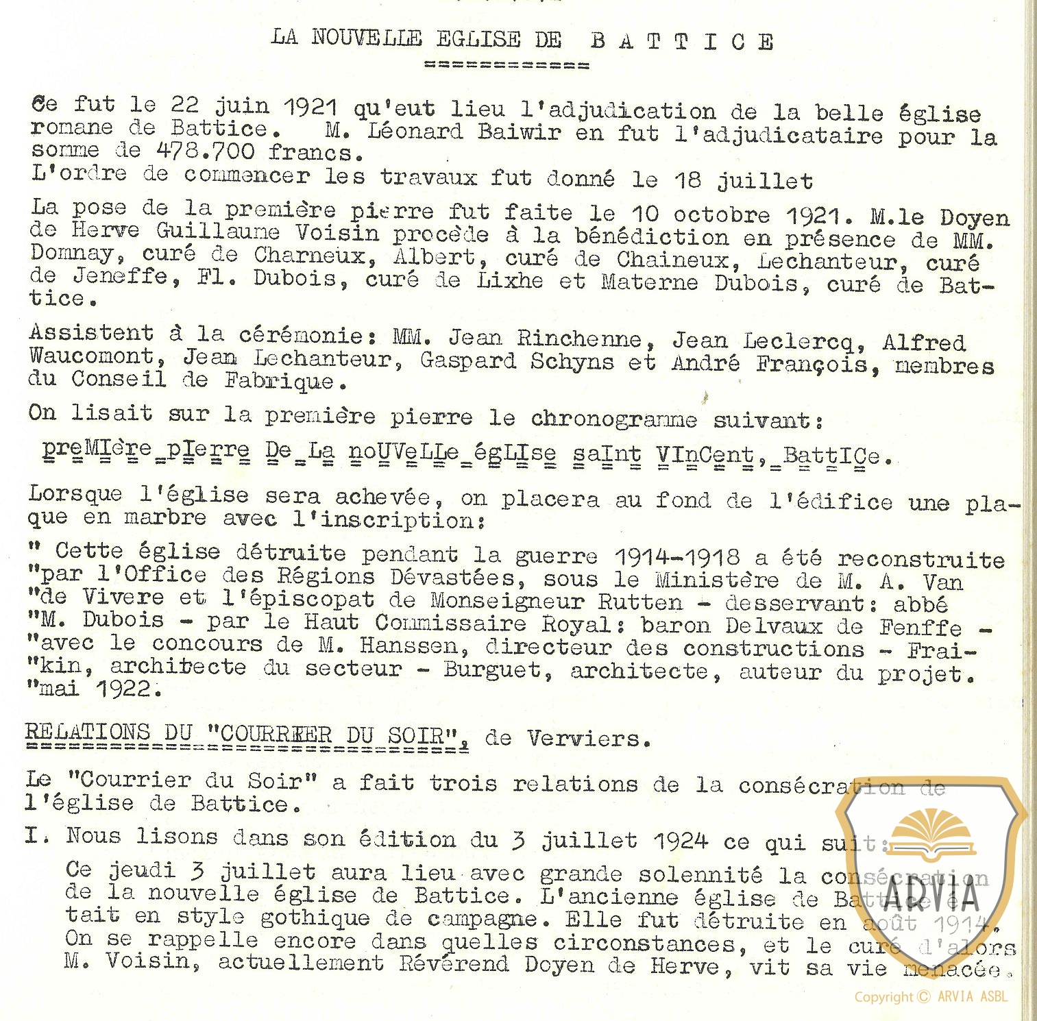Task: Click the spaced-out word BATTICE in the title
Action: [682, 42]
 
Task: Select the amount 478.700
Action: [205, 151]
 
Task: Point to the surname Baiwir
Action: [519, 131]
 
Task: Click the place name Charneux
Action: [310, 256]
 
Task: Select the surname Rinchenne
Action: [579, 338]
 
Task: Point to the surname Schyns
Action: [572, 360]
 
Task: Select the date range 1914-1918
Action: [676, 556]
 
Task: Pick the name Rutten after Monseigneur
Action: [640, 602]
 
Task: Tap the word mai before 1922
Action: [60, 688]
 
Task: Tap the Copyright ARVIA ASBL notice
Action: [931, 997]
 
